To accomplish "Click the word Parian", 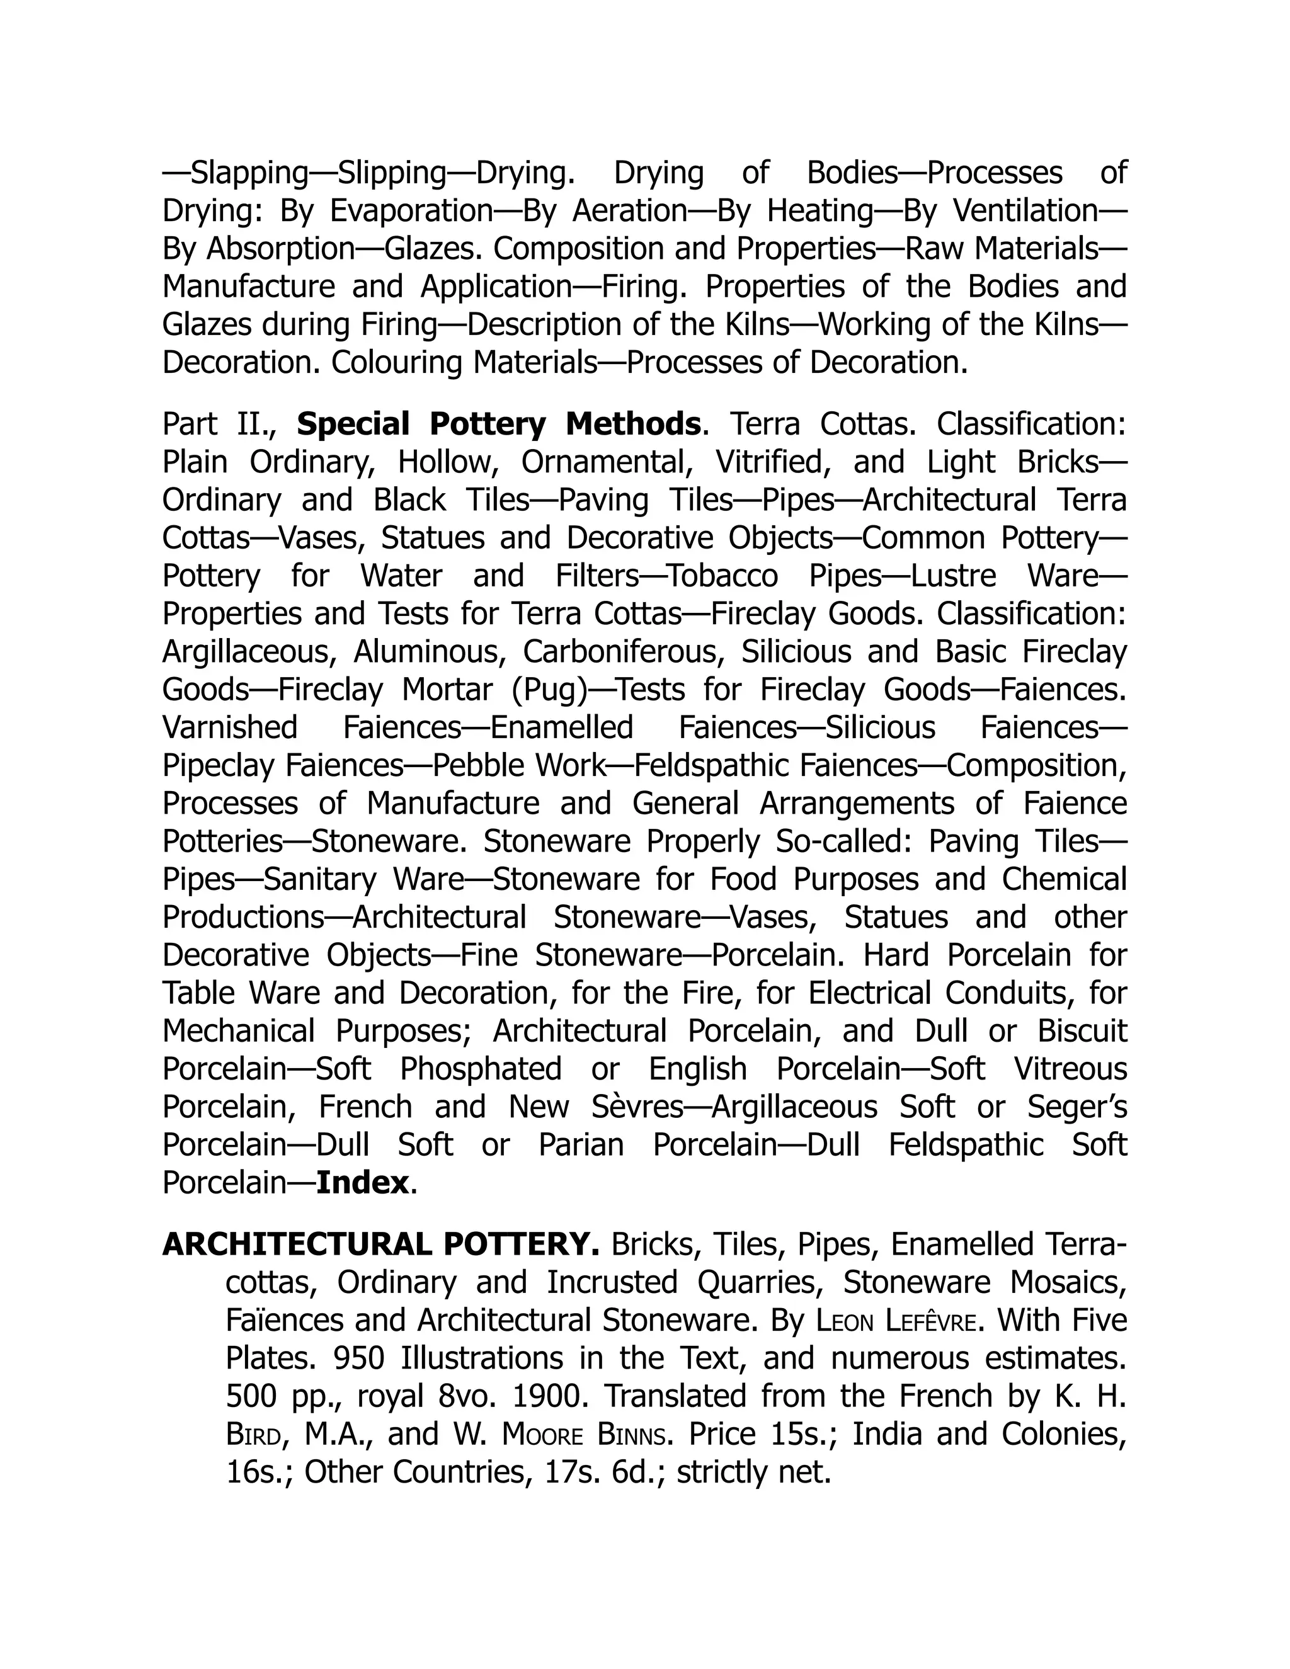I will (x=581, y=1146).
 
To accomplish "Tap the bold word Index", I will (x=363, y=1183).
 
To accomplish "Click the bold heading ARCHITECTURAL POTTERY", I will (x=380, y=1245).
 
